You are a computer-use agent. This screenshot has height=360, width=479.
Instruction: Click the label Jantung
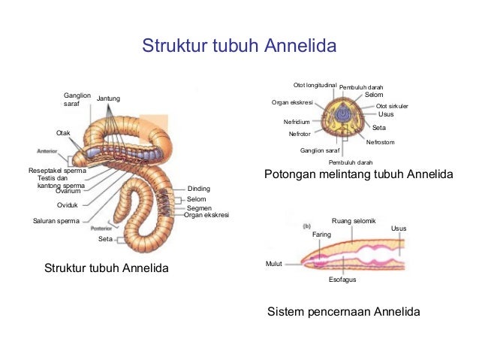[x=109, y=99]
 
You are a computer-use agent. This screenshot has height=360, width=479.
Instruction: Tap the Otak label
[x=64, y=133]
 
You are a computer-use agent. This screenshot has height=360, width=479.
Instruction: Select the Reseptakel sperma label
[x=56, y=171]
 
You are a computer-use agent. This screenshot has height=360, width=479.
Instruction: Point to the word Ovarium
[x=68, y=191]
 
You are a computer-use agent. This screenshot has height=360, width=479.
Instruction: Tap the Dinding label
[x=198, y=189]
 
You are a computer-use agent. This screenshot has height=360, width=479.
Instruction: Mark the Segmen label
[x=199, y=208]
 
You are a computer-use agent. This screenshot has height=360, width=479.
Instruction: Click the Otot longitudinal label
[x=315, y=85]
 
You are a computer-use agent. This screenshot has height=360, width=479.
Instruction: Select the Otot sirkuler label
[x=392, y=106]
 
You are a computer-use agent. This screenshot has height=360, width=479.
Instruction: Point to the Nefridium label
[x=297, y=122]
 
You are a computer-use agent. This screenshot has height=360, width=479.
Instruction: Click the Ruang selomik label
[x=353, y=221]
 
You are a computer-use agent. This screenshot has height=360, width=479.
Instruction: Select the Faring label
[x=321, y=234]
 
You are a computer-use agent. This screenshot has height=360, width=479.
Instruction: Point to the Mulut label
[x=274, y=264]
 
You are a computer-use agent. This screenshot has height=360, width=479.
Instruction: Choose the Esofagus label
[x=342, y=280]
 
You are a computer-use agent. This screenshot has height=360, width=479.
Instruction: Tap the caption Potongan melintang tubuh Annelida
[x=359, y=175]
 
